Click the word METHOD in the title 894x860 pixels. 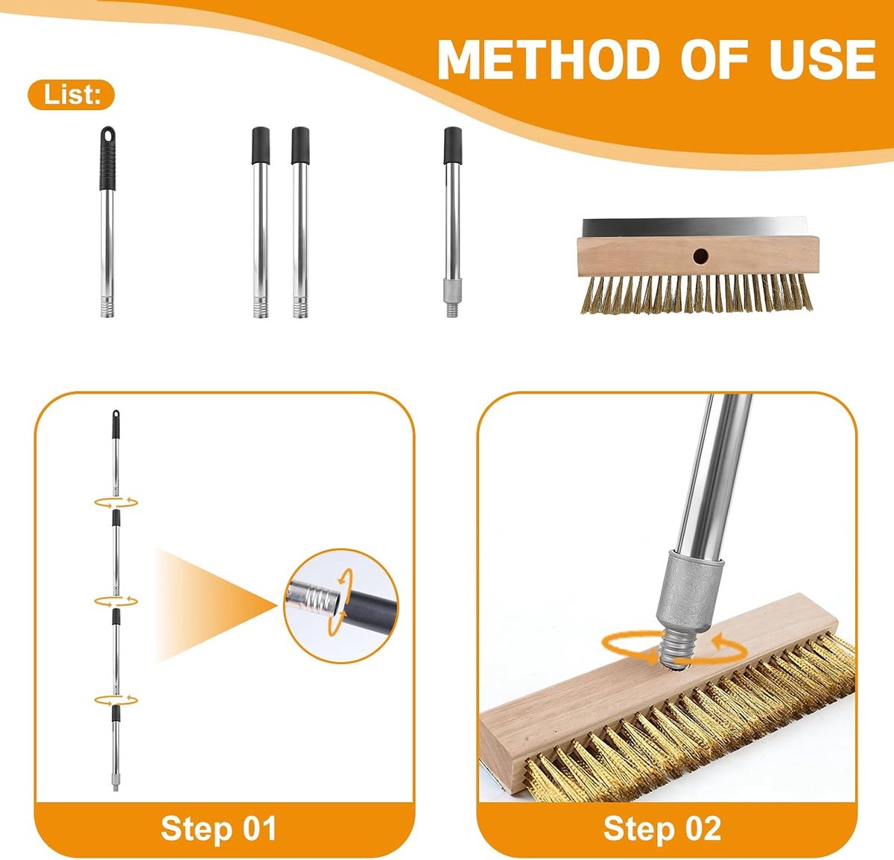[548, 60]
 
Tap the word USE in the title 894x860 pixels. [822, 60]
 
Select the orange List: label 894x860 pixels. [72, 95]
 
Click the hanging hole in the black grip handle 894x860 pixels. [107, 136]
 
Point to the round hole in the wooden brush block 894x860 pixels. [700, 256]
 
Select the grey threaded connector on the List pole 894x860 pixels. [452, 296]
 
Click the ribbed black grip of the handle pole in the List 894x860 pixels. [107, 159]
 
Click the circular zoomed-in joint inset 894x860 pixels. [341, 606]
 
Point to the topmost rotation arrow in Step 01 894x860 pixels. [115, 503]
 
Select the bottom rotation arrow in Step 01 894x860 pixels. [115, 700]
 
